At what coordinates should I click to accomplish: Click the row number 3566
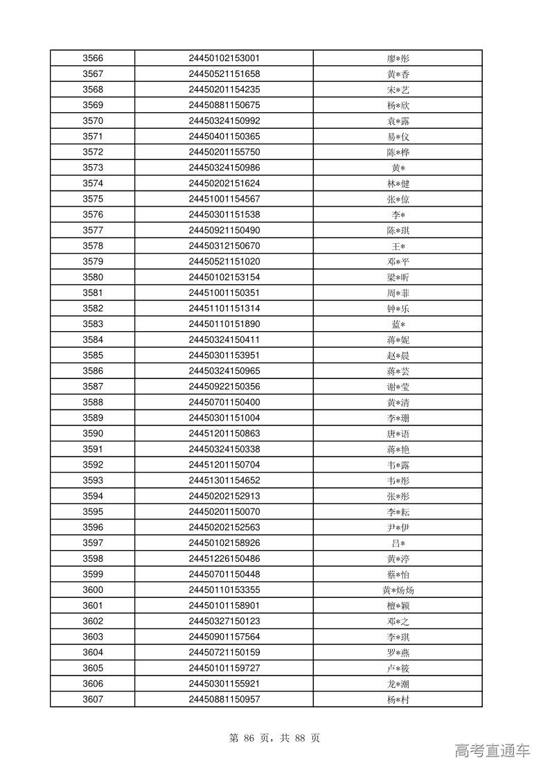[x=93, y=58]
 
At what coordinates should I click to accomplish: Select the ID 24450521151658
[x=224, y=74]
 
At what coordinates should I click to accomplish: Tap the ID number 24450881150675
[x=224, y=105]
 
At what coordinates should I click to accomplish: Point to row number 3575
[x=93, y=199]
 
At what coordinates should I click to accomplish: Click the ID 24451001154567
[x=224, y=199]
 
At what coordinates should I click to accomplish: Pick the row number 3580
[x=93, y=277]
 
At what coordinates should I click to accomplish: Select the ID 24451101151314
[x=224, y=308]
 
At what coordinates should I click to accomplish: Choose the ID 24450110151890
[x=224, y=324]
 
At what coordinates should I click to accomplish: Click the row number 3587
[x=93, y=387]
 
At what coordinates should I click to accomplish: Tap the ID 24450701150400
[x=224, y=402]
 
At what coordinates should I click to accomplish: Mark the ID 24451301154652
[x=224, y=480]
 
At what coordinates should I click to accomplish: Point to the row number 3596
[x=93, y=527]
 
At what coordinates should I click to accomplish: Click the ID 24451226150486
[x=224, y=558]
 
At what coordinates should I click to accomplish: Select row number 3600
[x=93, y=590]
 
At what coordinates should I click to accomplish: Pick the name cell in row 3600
[x=398, y=590]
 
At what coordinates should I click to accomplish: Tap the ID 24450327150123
[x=224, y=621]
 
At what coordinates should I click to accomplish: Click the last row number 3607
[x=93, y=699]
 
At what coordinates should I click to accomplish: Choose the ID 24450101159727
[x=224, y=668]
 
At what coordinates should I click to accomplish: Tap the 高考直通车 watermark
[x=493, y=750]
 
